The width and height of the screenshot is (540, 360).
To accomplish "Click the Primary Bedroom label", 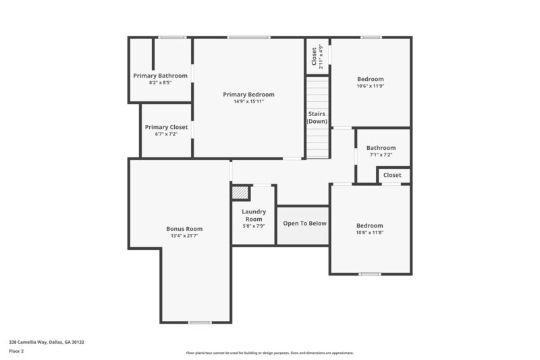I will pyautogui.click(x=248, y=95).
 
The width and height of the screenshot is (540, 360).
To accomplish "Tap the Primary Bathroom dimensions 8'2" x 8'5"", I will pyautogui.click(x=160, y=82).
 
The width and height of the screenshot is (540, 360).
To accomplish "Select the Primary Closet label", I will pyautogui.click(x=166, y=127).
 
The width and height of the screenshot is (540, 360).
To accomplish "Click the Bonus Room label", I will pyautogui.click(x=184, y=229).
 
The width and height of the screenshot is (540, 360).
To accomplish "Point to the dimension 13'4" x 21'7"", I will pyautogui.click(x=184, y=236).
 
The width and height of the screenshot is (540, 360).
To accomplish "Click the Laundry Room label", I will pyautogui.click(x=254, y=215).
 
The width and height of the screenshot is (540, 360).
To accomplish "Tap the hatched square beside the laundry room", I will pyautogui.click(x=240, y=192).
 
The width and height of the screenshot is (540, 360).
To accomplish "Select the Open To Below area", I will pyautogui.click(x=304, y=224).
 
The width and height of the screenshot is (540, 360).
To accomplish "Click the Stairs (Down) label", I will pyautogui.click(x=317, y=118).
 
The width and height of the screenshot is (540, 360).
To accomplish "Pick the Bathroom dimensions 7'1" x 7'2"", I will pyautogui.click(x=381, y=155).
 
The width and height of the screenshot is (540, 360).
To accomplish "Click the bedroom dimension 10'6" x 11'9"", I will pyautogui.click(x=370, y=86).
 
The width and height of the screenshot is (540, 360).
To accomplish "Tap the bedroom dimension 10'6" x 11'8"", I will pyautogui.click(x=369, y=232).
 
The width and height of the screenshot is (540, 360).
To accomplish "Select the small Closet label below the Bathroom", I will pyautogui.click(x=392, y=175).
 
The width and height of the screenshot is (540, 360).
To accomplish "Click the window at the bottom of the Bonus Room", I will pyautogui.click(x=200, y=322).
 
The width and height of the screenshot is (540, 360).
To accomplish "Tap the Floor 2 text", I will pyautogui.click(x=16, y=351).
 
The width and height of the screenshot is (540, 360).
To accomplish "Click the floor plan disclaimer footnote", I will pyautogui.click(x=269, y=353).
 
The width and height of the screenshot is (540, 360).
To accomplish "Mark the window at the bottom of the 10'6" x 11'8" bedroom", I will pyautogui.click(x=369, y=274).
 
